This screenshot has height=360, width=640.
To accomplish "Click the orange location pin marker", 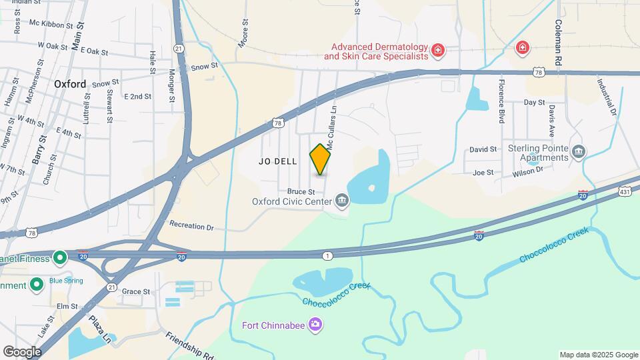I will coord(321,159).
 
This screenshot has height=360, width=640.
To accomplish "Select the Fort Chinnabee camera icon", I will coord(315,325).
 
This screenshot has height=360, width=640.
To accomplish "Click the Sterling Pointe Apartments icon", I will coord(578,153).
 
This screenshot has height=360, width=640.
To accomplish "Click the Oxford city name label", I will coord(70,84).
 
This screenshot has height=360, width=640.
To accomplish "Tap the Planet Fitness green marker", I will coord(60,258).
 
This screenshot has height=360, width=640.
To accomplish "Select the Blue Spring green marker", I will coord(37,285).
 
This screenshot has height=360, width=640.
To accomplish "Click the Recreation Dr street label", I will coord(191,226).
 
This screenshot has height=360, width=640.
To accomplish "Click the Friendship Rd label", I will coord(189,344).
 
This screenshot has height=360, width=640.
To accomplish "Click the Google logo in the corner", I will coord(22,351).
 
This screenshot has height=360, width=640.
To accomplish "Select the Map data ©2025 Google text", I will coord(598,355).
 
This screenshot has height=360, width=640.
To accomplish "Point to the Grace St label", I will coord(135,291).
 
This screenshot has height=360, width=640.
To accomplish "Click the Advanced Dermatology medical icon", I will coord(437,50).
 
